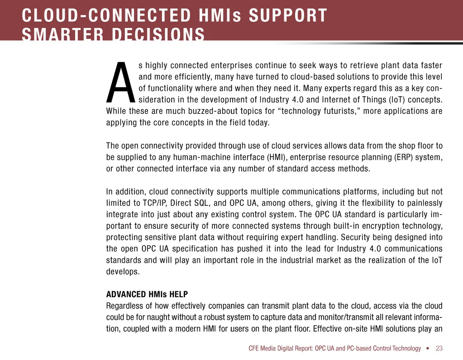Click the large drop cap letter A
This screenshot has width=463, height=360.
(121, 83)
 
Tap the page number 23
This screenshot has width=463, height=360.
(439, 348)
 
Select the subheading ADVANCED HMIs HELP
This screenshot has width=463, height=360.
(140, 294)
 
